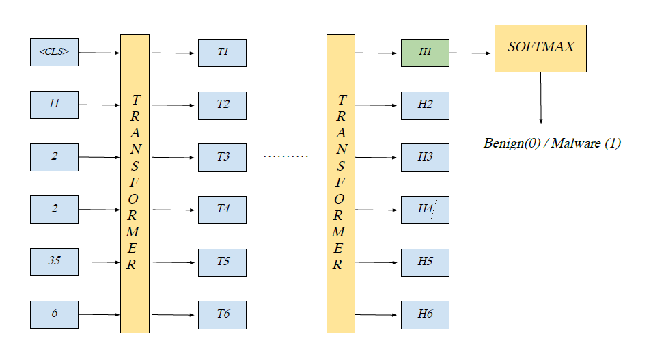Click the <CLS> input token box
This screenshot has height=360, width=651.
click(55, 52)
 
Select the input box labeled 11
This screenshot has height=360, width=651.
click(55, 105)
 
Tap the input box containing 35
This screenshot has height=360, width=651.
click(55, 262)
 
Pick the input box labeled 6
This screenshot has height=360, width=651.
click(55, 314)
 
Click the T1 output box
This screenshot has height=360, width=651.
click(222, 53)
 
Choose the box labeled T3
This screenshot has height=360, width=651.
click(222, 157)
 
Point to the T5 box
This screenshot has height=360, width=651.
click(222, 262)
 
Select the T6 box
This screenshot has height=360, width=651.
click(222, 314)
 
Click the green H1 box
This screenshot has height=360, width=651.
click(425, 53)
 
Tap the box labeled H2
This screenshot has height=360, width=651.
click(425, 105)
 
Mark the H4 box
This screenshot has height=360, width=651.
click(425, 209)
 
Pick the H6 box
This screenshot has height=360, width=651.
click(425, 314)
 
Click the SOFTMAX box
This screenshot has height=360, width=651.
click(540, 48)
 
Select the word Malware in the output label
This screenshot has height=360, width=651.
click(576, 143)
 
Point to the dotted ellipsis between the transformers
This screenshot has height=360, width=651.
click(286, 156)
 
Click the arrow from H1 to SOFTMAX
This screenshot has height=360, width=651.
click(471, 53)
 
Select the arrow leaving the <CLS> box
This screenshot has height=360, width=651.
click(99, 52)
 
